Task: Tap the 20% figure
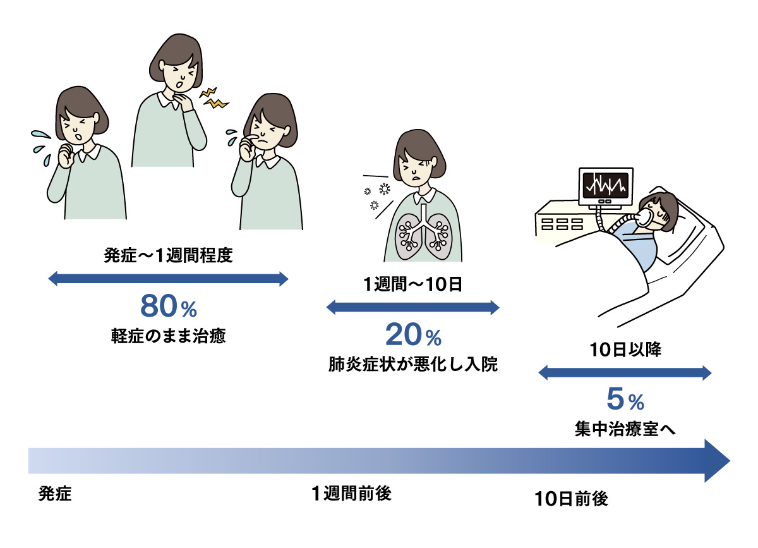click(413, 336)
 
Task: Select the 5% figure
click(625, 399)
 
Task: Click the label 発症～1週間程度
click(167, 257)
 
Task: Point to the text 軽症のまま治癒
click(168, 336)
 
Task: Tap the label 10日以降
click(625, 350)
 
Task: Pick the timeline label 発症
click(55, 493)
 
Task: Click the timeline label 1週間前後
click(351, 493)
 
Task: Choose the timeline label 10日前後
click(571, 499)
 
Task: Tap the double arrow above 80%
click(169, 279)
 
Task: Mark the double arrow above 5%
click(625, 373)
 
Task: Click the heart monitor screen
click(605, 185)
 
